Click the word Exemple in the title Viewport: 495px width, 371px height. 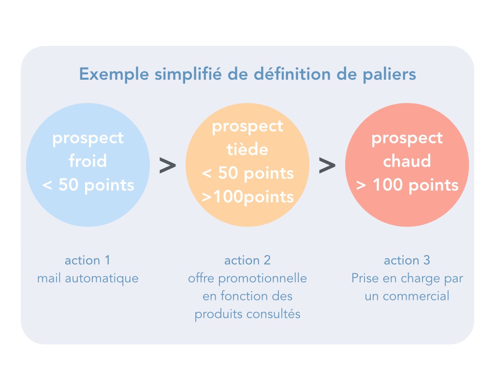(x=114, y=75)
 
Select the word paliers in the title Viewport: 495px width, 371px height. (x=389, y=75)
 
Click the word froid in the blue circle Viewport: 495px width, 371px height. (x=88, y=160)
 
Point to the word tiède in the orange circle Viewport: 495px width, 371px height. (x=247, y=149)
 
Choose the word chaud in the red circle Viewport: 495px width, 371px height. (x=407, y=160)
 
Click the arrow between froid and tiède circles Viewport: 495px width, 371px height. (x=168, y=165)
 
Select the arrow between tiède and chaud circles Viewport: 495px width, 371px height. (x=327, y=165)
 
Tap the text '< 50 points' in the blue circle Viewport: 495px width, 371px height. (x=88, y=185)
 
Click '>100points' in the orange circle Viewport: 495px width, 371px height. (x=248, y=197)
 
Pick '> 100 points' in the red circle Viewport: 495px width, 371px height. (x=407, y=185)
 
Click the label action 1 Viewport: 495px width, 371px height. (x=87, y=260)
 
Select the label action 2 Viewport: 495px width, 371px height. (x=247, y=260)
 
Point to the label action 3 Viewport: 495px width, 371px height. (x=407, y=260)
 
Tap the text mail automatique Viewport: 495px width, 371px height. (x=88, y=279)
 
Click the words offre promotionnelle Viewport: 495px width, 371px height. (x=247, y=278)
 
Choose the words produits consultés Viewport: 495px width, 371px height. (x=247, y=314)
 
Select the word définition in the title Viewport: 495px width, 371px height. (x=292, y=75)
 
